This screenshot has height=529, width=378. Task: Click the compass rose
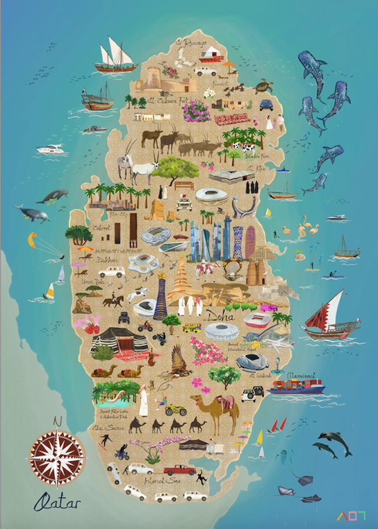pyautogui.click(x=57, y=456)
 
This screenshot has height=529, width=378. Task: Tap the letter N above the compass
pyautogui.click(x=57, y=422)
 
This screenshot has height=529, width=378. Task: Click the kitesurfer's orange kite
pyautogui.click(x=33, y=240)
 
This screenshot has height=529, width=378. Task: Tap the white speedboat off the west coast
pyautogui.click(x=53, y=149)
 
